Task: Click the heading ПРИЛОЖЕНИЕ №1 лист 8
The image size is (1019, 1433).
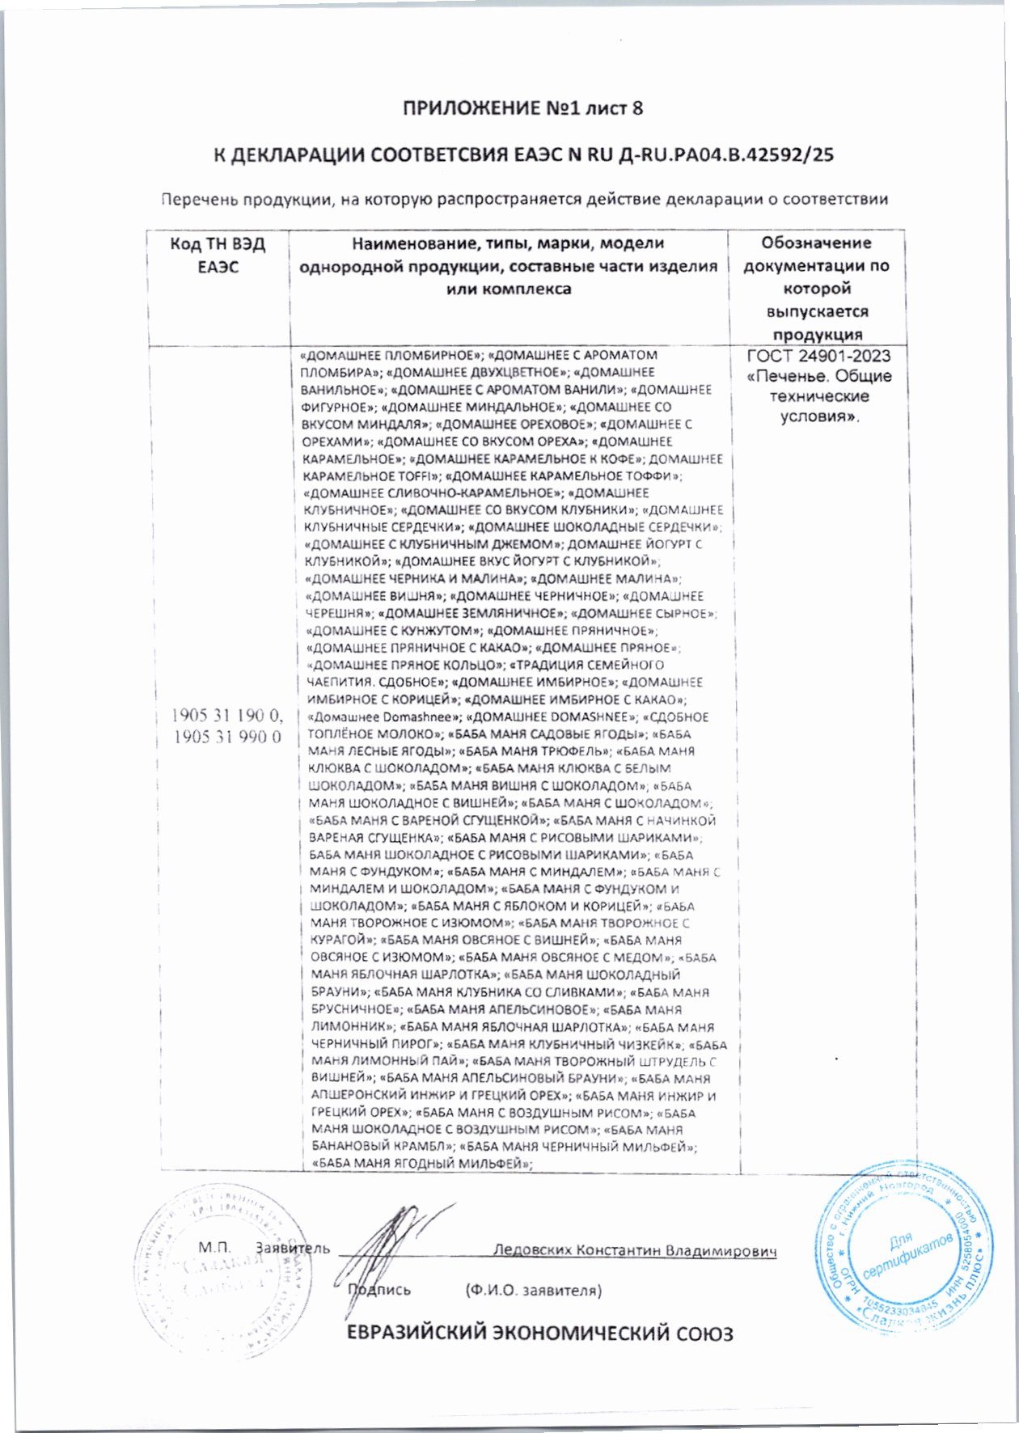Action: pyautogui.click(x=522, y=108)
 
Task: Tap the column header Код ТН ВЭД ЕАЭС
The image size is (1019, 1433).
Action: pyautogui.click(x=218, y=255)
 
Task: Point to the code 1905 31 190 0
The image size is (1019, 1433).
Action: pyautogui.click(x=226, y=715)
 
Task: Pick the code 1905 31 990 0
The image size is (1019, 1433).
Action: pyautogui.click(x=226, y=737)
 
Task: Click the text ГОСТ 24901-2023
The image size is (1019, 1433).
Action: pyautogui.click(x=818, y=356)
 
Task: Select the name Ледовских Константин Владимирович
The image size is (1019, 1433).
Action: pyautogui.click(x=635, y=1249)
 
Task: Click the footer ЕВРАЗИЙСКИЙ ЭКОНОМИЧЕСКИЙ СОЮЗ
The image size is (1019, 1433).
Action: pyautogui.click(x=539, y=1333)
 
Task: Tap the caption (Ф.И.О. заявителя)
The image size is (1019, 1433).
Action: pyautogui.click(x=533, y=1290)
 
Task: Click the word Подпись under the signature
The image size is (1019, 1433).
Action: pyautogui.click(x=380, y=1290)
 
